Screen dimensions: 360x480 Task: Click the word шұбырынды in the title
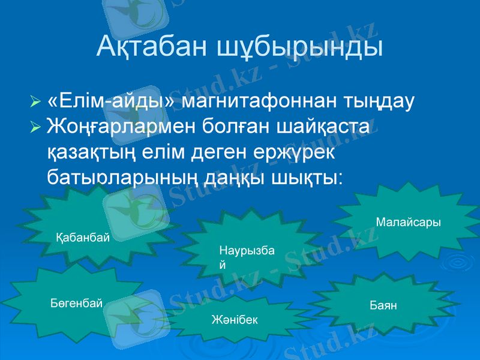(301, 47)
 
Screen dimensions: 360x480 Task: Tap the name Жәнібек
(235, 319)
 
